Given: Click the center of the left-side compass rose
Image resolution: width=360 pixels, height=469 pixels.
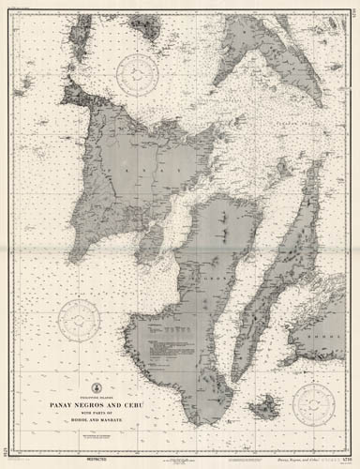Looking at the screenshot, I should (82, 317).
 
